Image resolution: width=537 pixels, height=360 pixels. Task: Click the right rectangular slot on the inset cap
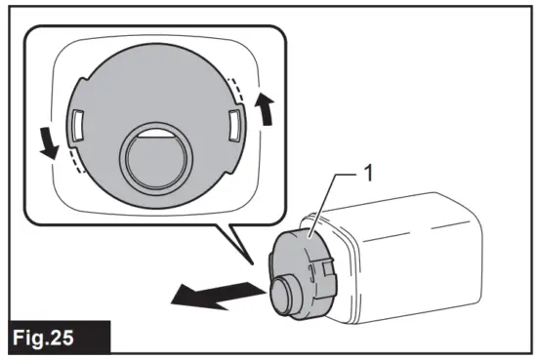click(233, 125)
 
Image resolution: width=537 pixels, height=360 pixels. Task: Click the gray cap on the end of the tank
click(305, 268)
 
